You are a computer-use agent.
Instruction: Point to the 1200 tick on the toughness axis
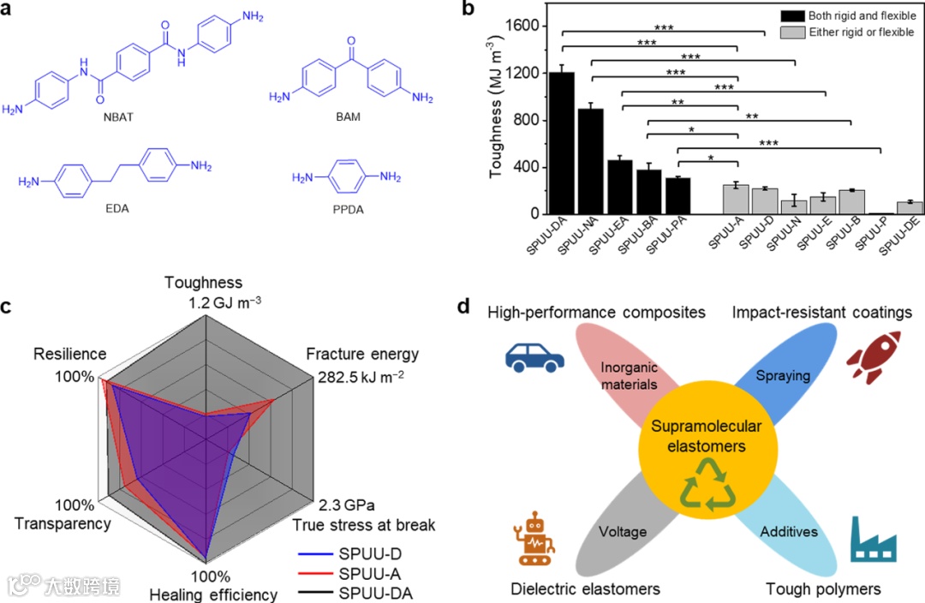(528, 73)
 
